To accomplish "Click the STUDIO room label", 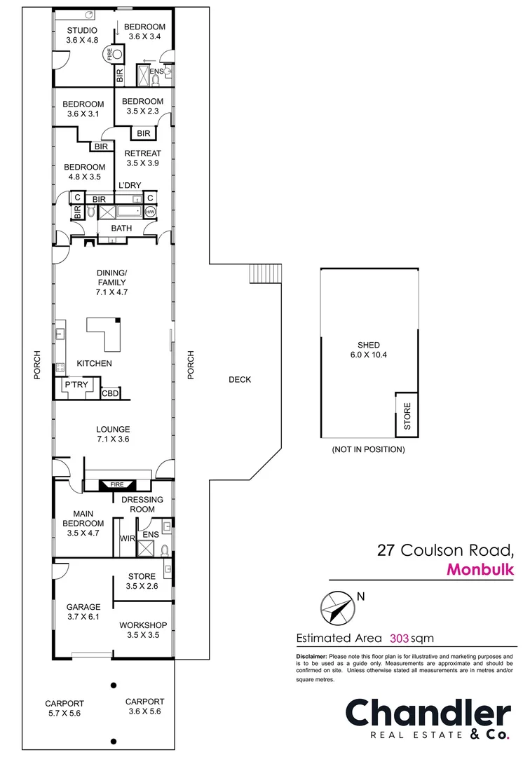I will tap(82, 35).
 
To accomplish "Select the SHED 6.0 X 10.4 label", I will tap(368, 350).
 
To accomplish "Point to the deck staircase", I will tap(265, 274).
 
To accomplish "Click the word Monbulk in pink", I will tap(480, 569).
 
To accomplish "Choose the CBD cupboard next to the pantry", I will tap(111, 394).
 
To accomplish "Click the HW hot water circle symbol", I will tap(150, 212).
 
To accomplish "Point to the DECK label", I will tap(239, 380).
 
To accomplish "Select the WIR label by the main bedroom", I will tap(127, 538).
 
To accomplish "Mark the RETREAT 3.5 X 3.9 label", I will tap(143, 158).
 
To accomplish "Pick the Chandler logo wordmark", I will tap(428, 714).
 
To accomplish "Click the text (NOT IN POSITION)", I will tap(368, 449).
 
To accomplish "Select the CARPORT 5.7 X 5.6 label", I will tap(64, 709).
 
